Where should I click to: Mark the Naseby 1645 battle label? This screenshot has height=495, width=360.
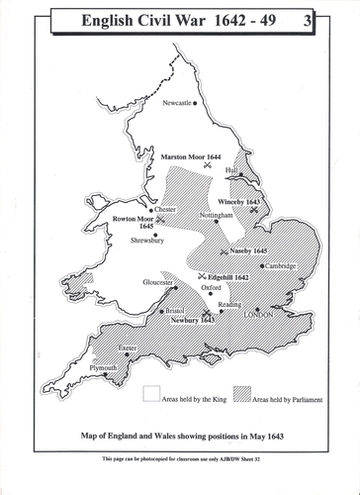pos(246,251)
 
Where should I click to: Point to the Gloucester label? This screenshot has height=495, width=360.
pos(157,282)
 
